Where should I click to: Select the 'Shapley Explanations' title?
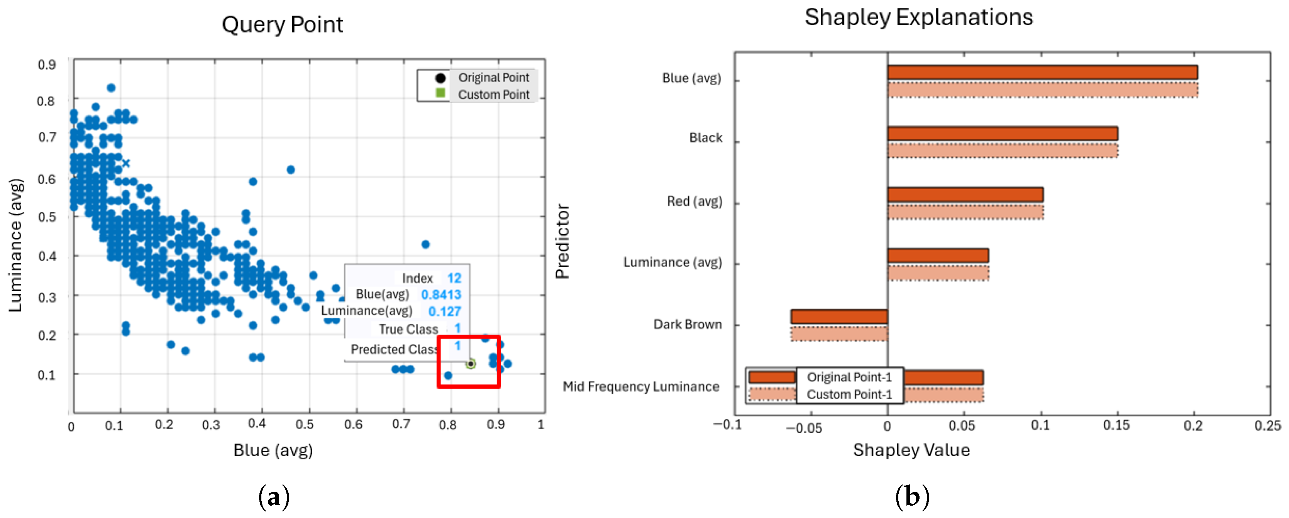tap(919, 17)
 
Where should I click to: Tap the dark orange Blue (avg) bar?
tap(1042, 73)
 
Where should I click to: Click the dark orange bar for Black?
tap(1002, 134)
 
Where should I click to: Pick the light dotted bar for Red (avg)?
tap(965, 212)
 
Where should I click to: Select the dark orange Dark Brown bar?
tap(839, 317)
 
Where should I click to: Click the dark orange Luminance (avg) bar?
tap(938, 256)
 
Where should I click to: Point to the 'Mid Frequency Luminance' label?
tap(640, 386)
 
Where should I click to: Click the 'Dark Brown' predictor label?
tap(688, 324)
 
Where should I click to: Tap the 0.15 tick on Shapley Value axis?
tap(1116, 425)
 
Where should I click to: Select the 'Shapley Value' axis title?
tap(911, 450)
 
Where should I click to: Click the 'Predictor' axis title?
tap(562, 241)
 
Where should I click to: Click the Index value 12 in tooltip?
tap(454, 278)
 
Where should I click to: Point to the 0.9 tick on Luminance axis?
tap(47, 64)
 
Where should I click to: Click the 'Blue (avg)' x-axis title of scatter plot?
tap(273, 450)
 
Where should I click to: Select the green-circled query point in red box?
tap(470, 364)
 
